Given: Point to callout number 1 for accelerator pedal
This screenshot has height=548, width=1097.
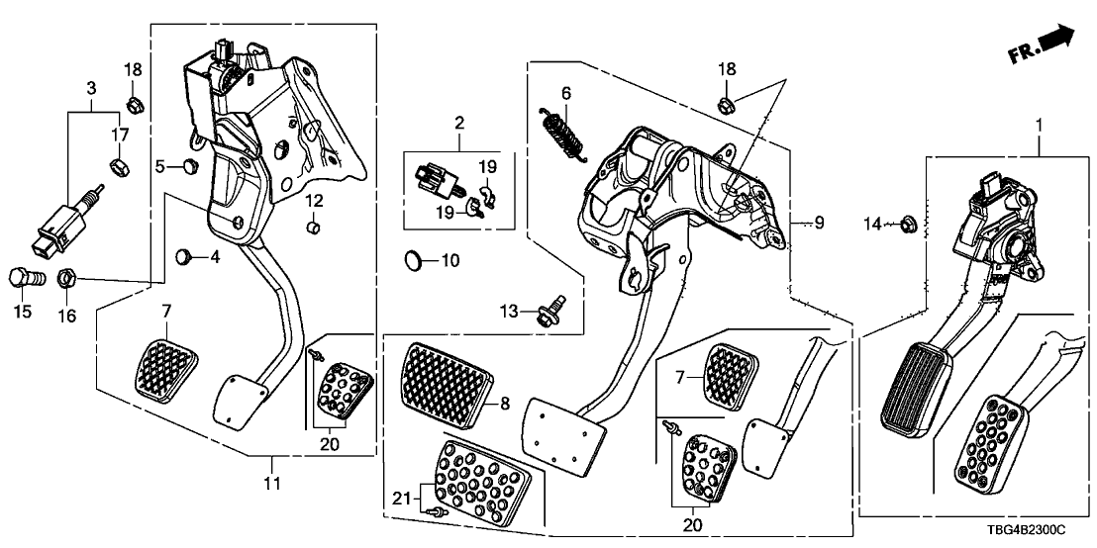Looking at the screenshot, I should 1039,126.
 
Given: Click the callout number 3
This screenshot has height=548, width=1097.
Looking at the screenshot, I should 92,89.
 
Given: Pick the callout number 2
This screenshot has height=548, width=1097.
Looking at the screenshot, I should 459,124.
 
